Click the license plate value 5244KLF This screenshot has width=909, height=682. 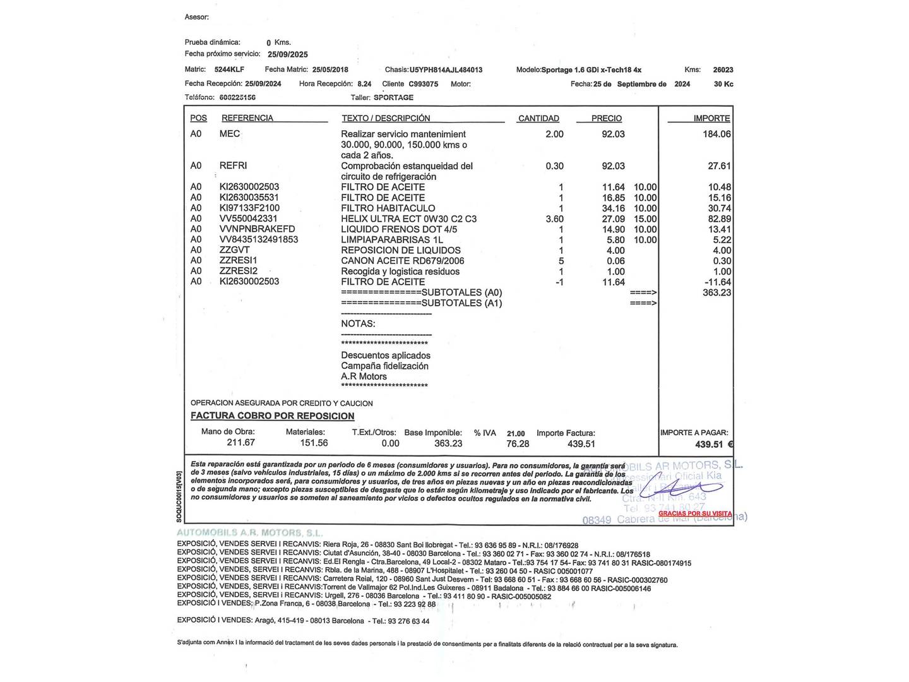[229, 69]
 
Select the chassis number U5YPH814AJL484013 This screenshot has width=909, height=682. [446, 69]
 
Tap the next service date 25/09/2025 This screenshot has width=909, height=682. [288, 54]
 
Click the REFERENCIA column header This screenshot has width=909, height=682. [247, 118]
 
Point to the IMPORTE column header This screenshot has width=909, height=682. [711, 118]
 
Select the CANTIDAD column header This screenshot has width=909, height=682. [538, 118]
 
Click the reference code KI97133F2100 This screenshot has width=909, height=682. [249, 208]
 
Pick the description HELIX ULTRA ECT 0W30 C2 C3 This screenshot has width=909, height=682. [408, 218]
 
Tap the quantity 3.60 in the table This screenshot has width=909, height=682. [554, 218]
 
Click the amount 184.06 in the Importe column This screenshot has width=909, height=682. [716, 134]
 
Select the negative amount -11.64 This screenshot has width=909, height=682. [718, 282]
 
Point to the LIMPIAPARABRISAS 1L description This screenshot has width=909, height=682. [392, 239]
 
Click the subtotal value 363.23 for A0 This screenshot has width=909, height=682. [716, 292]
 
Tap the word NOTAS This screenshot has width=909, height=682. [358, 323]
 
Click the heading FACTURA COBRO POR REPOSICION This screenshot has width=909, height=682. [273, 416]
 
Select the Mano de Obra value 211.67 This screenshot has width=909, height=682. [241, 443]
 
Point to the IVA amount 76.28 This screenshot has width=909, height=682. [518, 443]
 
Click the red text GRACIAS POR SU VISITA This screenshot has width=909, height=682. [695, 513]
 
